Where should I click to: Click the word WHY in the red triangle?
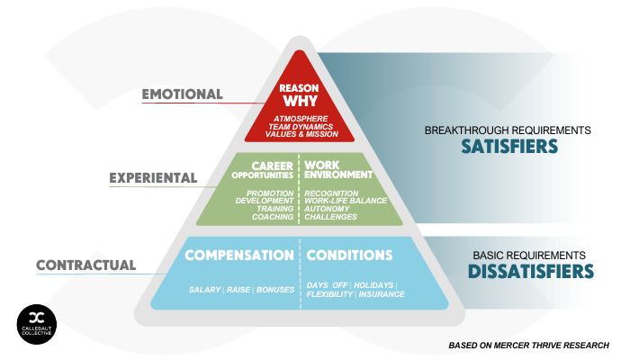[300, 101]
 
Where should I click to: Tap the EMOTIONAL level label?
[182, 94]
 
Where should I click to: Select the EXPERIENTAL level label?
[153, 178]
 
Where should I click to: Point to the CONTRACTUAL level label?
[86, 265]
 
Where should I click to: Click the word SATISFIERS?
[509, 147]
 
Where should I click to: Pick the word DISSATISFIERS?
[531, 272]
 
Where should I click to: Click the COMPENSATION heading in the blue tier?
[239, 255]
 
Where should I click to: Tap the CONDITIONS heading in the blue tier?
[349, 255]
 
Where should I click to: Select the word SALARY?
[205, 290]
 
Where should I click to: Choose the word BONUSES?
[275, 290]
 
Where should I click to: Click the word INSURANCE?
[382, 294]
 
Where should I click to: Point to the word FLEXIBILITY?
[329, 294]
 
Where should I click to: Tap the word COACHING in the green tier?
[273, 217]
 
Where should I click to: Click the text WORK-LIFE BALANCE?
[346, 201]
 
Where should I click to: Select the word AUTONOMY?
[327, 209]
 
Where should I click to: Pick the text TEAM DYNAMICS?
[301, 127]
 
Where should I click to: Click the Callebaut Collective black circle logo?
[37, 325]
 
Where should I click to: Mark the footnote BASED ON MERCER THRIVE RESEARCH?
[529, 346]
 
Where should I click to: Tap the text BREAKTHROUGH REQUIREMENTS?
[508, 130]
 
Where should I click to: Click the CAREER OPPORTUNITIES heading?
[263, 170]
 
